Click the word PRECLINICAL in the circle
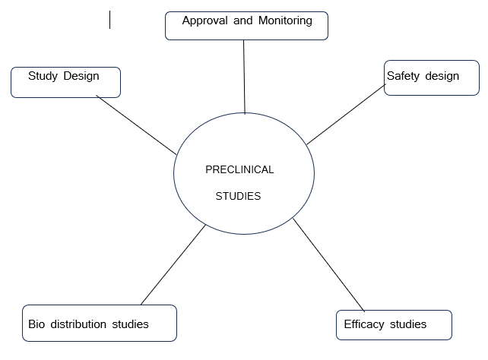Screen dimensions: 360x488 click(239, 169)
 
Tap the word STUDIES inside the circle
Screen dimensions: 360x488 click(238, 196)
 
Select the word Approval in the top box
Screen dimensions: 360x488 click(204, 21)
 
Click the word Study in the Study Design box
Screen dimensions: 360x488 click(43, 76)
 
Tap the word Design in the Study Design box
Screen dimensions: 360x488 click(81, 76)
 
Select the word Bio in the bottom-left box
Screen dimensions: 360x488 click(37, 324)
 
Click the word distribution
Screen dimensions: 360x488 click(78, 324)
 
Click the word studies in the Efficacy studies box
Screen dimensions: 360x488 click(408, 324)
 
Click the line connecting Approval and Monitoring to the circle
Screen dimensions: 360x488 click(244, 76)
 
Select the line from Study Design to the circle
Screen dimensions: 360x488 click(137, 125)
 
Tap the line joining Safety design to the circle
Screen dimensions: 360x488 click(346, 114)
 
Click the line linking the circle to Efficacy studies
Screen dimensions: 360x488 click(329, 266)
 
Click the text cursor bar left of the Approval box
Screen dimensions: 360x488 click(110, 20)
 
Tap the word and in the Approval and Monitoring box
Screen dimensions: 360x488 click(242, 21)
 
